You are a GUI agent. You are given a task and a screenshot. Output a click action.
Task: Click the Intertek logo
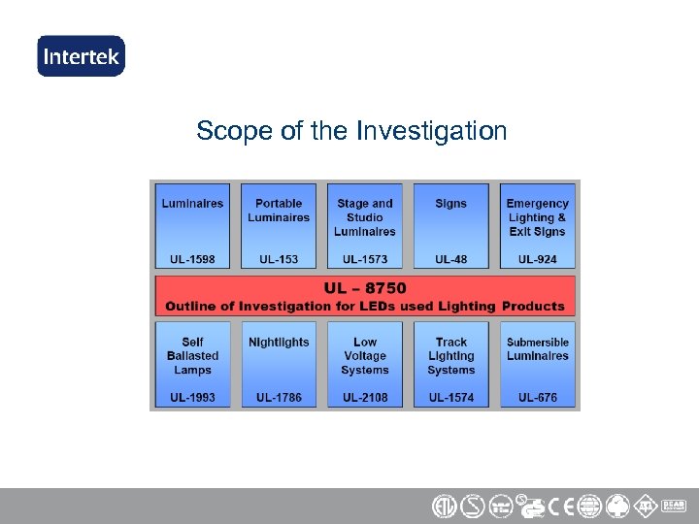(x=81, y=55)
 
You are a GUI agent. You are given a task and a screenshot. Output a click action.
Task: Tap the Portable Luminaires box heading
(x=279, y=211)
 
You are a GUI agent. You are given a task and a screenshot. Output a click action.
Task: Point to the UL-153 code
(x=279, y=259)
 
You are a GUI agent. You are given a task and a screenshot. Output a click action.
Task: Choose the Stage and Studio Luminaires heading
(x=365, y=217)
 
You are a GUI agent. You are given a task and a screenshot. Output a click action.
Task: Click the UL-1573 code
(x=365, y=259)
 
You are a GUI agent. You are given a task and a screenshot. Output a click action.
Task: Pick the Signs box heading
(x=450, y=204)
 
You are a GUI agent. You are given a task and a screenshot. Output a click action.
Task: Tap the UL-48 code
(x=450, y=259)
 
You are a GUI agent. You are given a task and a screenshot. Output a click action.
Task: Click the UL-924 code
(x=537, y=259)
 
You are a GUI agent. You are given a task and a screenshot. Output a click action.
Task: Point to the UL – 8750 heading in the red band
(x=365, y=288)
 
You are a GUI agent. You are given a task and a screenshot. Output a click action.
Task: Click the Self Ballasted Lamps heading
(x=192, y=356)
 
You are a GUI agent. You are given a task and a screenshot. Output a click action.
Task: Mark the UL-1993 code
(x=192, y=398)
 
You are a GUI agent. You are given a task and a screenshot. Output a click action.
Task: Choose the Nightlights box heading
(x=279, y=343)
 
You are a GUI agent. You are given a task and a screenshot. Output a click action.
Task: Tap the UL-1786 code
(x=279, y=398)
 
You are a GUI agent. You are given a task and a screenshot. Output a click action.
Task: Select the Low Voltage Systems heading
(x=365, y=356)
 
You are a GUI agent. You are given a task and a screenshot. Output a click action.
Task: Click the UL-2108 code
(x=365, y=398)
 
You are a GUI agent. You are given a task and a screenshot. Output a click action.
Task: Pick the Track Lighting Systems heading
(x=450, y=356)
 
